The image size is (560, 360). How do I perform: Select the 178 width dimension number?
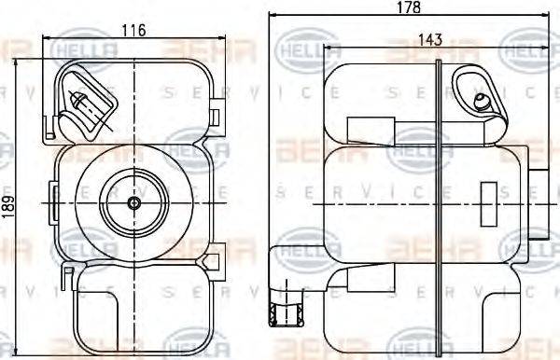coord(408,7)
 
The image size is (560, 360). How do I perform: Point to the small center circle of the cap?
coord(134,202)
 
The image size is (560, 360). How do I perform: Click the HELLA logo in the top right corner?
coord(527,48)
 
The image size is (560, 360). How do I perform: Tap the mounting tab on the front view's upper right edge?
coord(216,116)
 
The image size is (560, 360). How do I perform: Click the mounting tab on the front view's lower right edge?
coord(216,253)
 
